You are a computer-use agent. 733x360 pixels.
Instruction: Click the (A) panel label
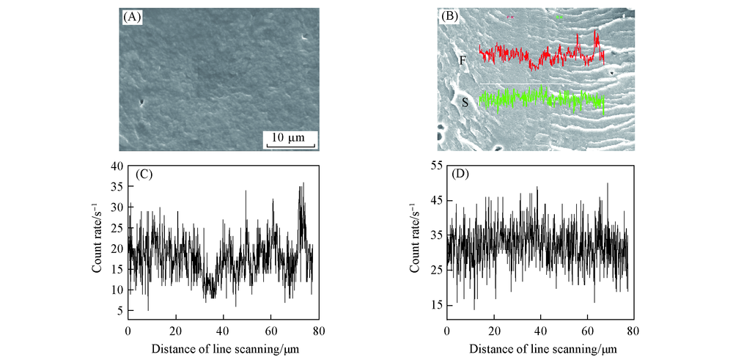132,15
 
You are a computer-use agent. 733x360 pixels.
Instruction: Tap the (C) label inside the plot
145,175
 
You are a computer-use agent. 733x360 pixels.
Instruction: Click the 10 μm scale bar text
290,136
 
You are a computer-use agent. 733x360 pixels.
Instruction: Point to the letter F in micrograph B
462,60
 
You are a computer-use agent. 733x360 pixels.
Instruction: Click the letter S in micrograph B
465,103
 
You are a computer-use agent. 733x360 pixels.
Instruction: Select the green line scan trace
542,98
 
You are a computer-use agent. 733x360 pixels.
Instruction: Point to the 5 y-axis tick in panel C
120,311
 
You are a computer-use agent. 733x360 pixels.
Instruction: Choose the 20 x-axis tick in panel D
495,331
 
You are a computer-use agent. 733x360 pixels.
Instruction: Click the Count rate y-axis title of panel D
417,238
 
